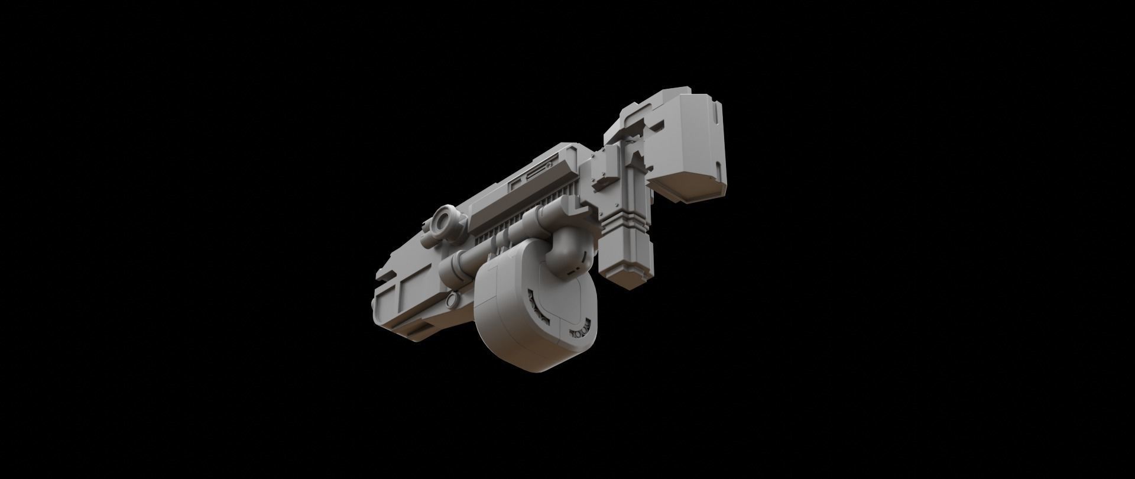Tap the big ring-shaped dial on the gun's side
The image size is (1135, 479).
pos(444,223)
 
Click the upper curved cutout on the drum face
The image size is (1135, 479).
pos(537,302)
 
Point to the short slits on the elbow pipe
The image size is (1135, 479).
pos(583,260)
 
